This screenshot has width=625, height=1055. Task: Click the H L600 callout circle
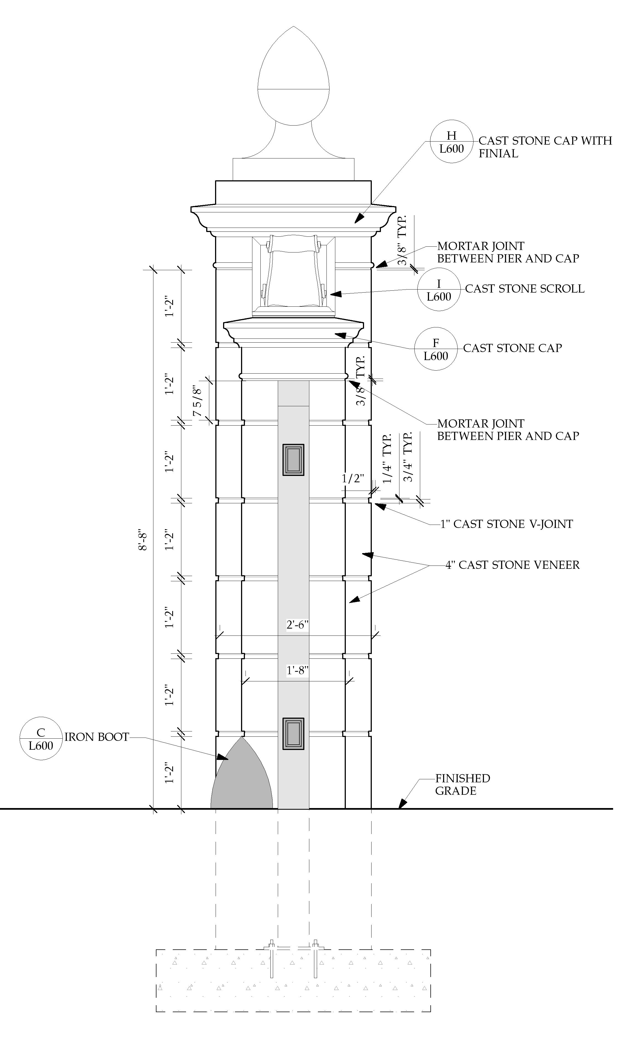pos(451,142)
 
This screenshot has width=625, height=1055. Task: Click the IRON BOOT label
pos(96,737)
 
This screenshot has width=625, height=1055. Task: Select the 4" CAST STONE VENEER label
pos(512,565)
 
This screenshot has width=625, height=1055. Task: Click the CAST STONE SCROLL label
pos(524,289)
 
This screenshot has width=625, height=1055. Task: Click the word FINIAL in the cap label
pos(498,154)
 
